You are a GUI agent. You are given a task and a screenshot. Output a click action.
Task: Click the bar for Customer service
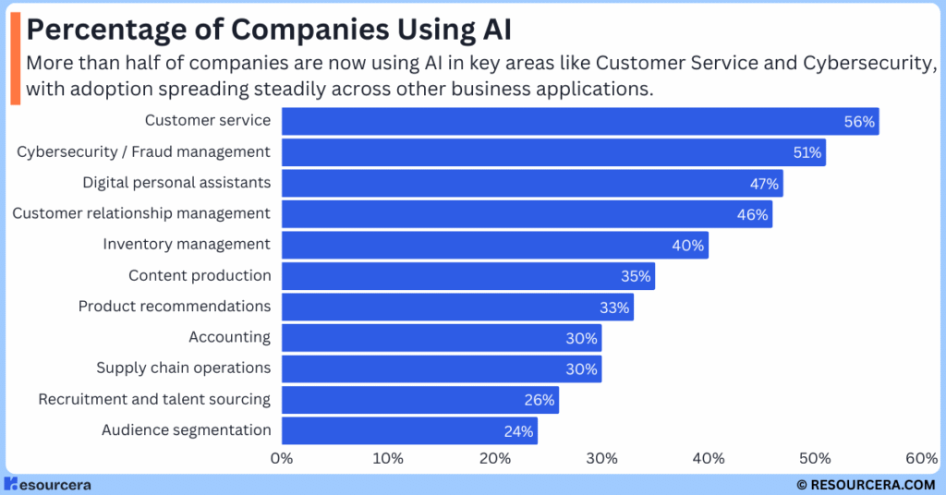pyautogui.click(x=579, y=121)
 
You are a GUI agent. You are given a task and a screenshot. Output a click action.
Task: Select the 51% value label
pyautogui.click(x=807, y=152)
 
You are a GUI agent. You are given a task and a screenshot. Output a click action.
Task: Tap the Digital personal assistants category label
pyautogui.click(x=176, y=182)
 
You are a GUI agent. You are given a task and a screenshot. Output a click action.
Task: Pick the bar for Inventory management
pyautogui.click(x=494, y=245)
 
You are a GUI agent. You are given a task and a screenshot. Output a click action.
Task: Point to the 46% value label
pyautogui.click(x=753, y=214)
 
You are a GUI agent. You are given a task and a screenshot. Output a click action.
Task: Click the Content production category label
pyautogui.click(x=200, y=275)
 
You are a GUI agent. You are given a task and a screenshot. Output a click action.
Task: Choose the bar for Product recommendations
pyautogui.click(x=456, y=307)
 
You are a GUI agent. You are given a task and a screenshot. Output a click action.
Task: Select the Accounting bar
pyautogui.click(x=441, y=338)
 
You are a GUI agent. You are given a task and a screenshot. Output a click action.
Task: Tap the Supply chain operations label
pyautogui.click(x=184, y=368)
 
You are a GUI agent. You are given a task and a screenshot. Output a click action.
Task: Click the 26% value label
pyautogui.click(x=540, y=400)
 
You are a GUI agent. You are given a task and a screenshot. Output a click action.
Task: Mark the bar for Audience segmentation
pyautogui.click(x=408, y=430)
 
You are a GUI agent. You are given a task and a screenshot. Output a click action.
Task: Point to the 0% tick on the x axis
pyautogui.click(x=281, y=459)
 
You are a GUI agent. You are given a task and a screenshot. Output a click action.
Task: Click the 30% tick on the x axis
pyautogui.click(x=601, y=459)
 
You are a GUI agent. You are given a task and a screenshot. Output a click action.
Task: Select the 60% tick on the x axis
pyautogui.click(x=922, y=459)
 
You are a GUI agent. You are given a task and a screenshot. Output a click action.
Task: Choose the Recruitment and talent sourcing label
pyautogui.click(x=154, y=399)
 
